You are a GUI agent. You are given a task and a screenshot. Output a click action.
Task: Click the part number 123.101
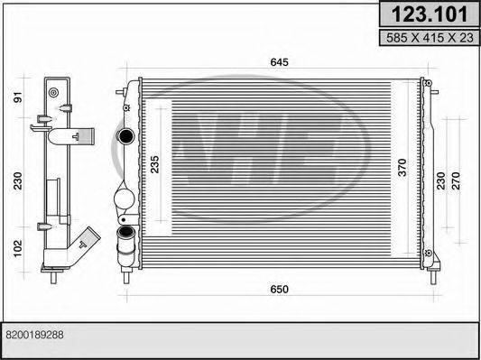(430, 14)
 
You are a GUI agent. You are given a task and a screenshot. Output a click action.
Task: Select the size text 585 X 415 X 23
(430, 38)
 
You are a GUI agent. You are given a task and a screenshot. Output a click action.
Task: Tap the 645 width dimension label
(279, 62)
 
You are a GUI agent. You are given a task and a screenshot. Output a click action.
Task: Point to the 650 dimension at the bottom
(279, 289)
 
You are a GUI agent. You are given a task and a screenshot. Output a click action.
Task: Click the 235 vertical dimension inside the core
(155, 164)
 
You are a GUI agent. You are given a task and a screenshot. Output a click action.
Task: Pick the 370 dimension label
(402, 168)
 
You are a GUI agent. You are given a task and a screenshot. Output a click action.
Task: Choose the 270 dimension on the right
(456, 181)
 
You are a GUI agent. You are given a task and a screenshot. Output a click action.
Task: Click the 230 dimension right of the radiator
(440, 181)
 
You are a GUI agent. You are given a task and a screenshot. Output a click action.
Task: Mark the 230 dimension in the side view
(18, 181)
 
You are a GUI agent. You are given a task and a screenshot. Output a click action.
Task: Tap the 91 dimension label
(18, 97)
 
